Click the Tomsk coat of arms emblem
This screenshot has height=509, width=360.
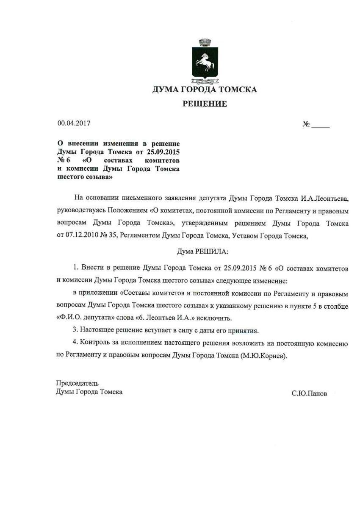[205, 61]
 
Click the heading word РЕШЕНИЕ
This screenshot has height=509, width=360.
[205, 104]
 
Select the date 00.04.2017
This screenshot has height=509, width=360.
[74, 124]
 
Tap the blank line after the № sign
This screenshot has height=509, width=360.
[321, 125]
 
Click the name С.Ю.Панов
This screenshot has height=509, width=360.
[309, 394]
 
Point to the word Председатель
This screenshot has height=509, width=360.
[77, 383]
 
